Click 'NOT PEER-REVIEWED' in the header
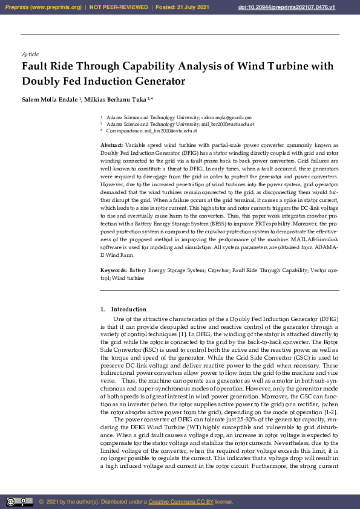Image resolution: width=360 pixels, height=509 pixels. pos(119,7)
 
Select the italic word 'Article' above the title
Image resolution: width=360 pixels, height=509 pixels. pos(30,54)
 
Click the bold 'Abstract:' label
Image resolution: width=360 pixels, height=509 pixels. pos(111,146)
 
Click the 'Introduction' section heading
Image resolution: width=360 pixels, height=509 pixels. pos(128,310)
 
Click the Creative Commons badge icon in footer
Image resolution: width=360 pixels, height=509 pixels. pos(19,501)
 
